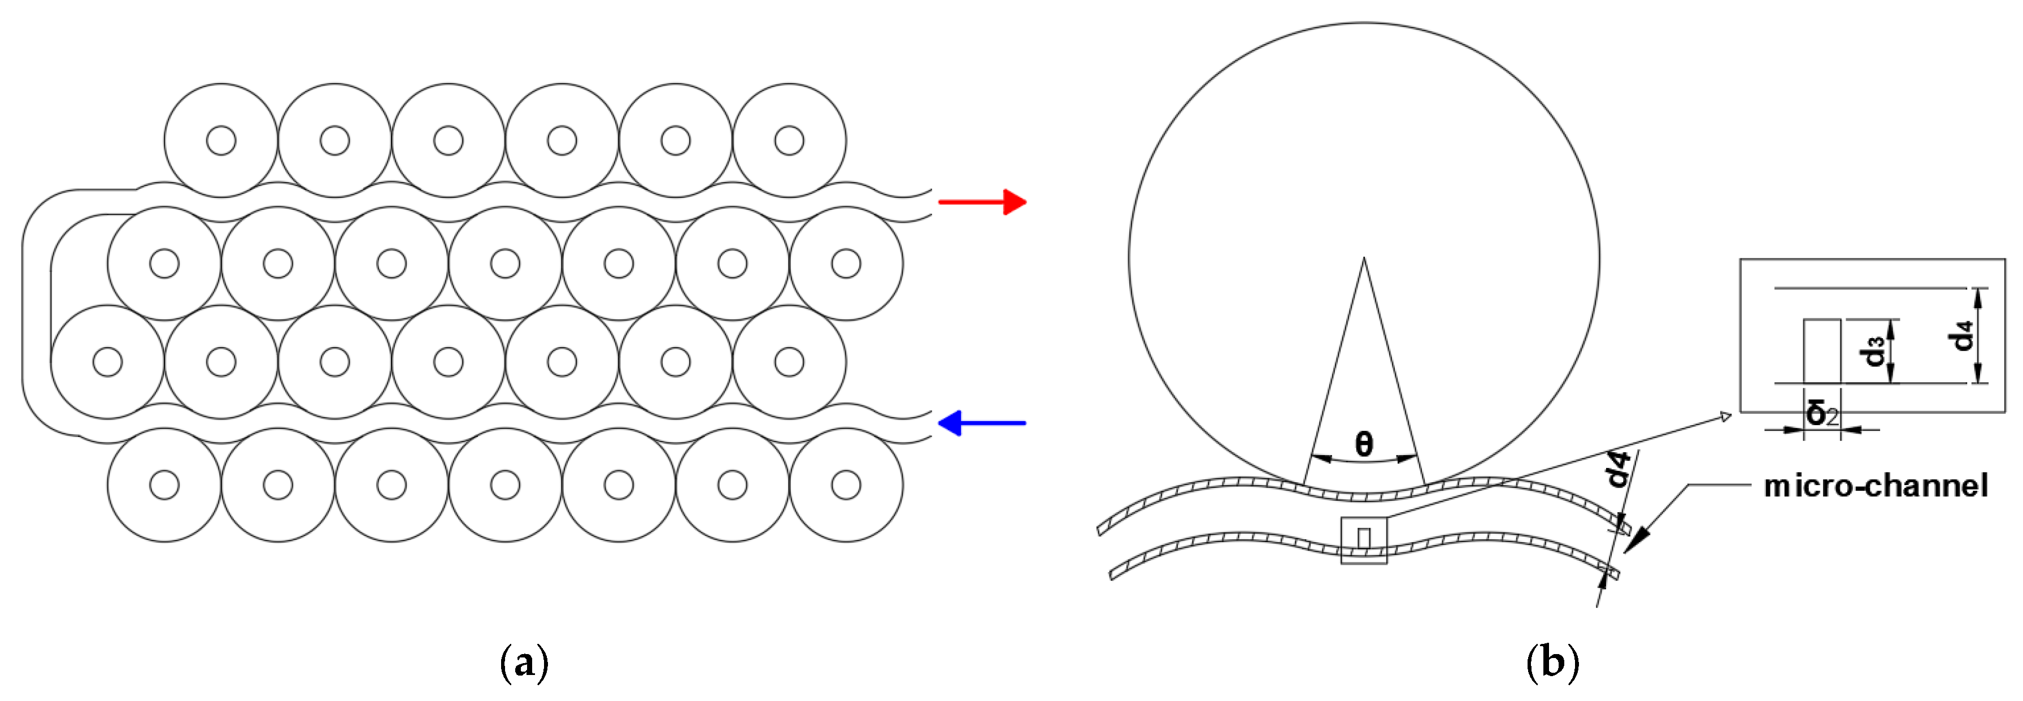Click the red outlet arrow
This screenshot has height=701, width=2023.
[x=982, y=202]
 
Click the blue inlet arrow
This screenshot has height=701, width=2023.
[x=982, y=423]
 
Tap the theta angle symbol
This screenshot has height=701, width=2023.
[x=1364, y=445]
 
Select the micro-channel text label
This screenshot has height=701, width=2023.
[x=1876, y=486]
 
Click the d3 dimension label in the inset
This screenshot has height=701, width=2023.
[x=1876, y=350]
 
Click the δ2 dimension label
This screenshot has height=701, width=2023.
[x=1821, y=413]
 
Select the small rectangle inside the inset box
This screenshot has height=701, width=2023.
[x=1821, y=351]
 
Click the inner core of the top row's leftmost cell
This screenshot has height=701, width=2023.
[x=221, y=141]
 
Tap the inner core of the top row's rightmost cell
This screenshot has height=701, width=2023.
[x=789, y=141]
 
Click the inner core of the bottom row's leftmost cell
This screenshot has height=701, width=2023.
[x=164, y=485]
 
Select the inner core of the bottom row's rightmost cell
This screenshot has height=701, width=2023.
[x=846, y=485]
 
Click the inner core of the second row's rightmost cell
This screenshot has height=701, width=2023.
[x=846, y=263]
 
